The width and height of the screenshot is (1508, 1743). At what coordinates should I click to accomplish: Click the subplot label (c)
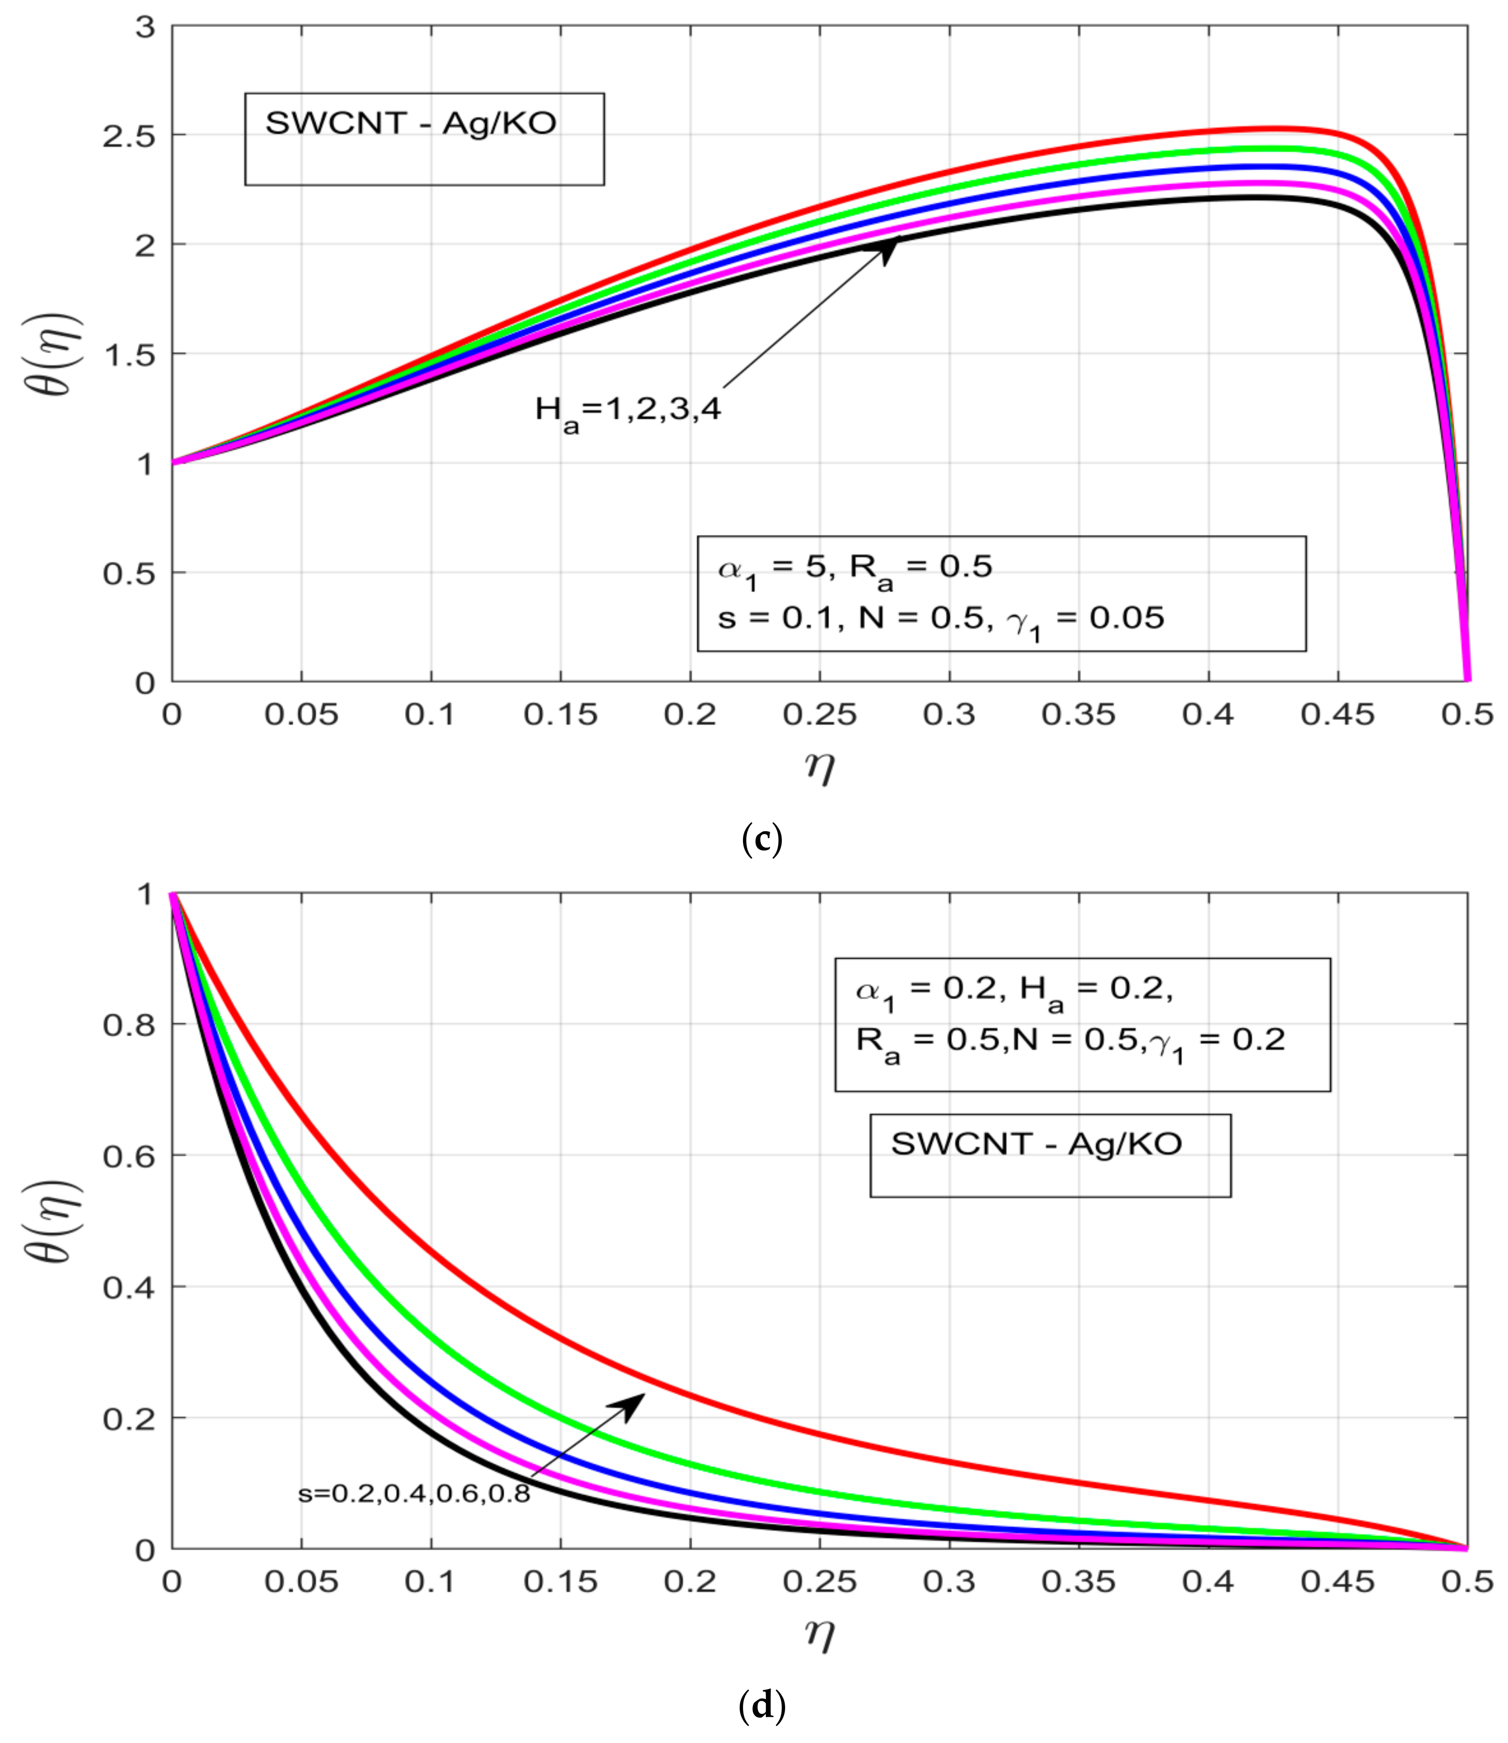(x=762, y=840)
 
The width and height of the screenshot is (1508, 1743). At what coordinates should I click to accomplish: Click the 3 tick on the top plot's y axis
(x=146, y=27)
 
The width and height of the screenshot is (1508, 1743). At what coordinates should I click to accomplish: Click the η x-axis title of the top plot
(x=820, y=766)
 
